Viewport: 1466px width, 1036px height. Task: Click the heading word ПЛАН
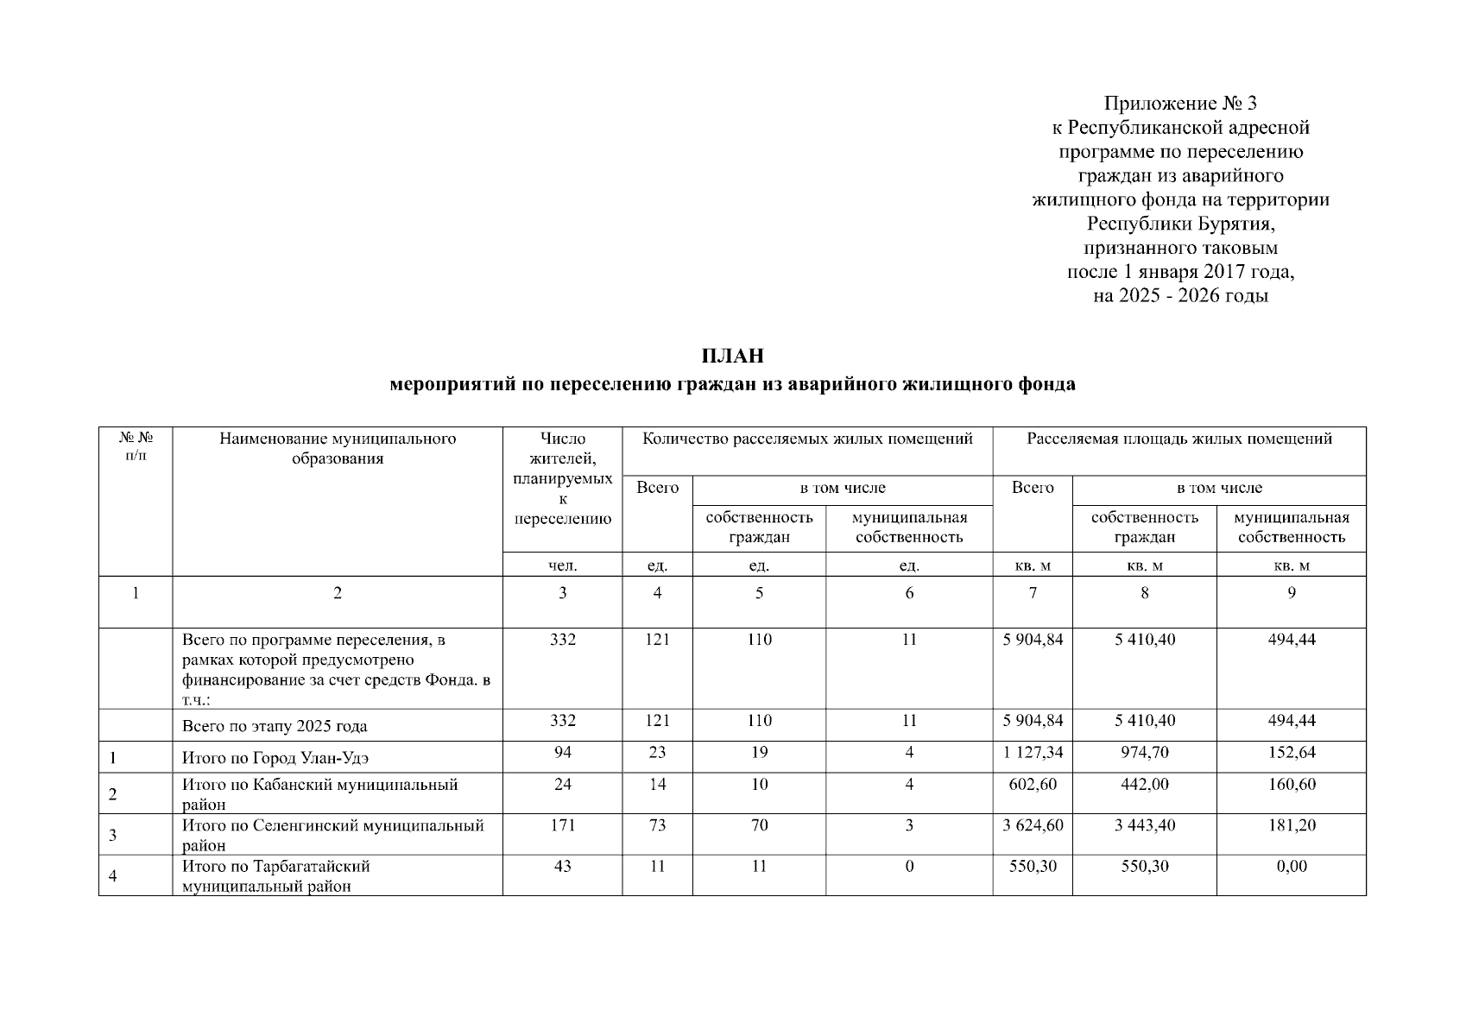[x=732, y=356]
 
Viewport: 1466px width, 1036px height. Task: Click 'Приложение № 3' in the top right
[x=1180, y=104]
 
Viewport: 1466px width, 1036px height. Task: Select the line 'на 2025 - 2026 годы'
[x=1180, y=297]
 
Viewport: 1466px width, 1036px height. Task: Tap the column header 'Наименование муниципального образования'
[x=338, y=449]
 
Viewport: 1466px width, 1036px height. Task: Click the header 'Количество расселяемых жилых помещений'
[x=807, y=439]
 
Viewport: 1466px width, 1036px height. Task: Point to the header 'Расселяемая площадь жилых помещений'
[x=1178, y=439]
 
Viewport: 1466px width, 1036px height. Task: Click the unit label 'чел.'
[x=562, y=566]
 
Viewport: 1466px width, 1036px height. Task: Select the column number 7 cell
[x=1033, y=593]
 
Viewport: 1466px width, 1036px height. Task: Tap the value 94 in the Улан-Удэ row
[x=562, y=752]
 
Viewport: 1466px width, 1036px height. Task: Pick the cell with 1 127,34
[x=1033, y=752]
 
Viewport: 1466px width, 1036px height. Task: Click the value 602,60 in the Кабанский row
[x=1033, y=785]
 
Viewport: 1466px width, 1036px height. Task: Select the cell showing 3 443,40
[x=1144, y=825]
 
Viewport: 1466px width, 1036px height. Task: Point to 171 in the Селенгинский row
[x=562, y=825]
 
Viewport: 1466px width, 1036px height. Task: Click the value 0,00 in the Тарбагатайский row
[x=1291, y=866]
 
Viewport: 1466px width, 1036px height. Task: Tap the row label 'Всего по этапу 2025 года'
[x=275, y=727]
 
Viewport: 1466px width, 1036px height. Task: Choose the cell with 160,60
[x=1291, y=785]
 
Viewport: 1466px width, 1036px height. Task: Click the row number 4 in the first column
[x=113, y=877]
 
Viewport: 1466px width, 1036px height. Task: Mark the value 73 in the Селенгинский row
[x=657, y=825]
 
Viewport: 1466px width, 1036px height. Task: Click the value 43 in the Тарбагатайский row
[x=562, y=866]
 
